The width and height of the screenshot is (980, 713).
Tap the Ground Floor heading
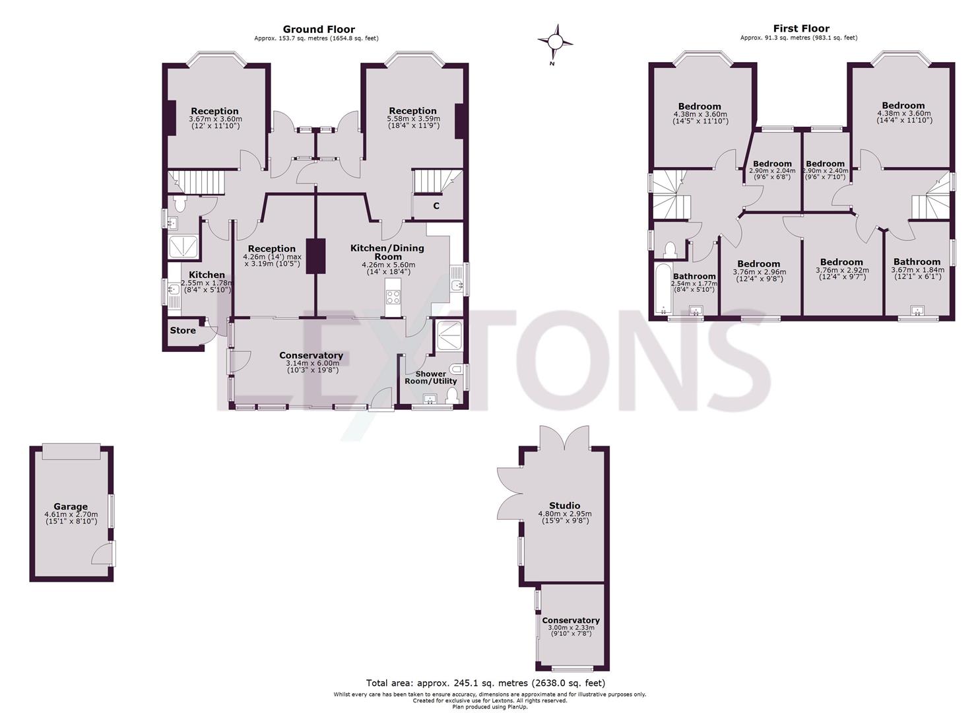click(319, 29)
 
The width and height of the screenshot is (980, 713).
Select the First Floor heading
click(801, 28)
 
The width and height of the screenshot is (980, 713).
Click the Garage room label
click(71, 507)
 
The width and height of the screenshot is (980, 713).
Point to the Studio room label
click(564, 506)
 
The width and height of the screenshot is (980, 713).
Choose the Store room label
click(183, 330)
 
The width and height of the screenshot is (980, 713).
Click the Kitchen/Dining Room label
click(387, 252)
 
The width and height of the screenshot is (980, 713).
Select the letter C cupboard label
click(436, 206)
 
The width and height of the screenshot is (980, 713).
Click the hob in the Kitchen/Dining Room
click(393, 298)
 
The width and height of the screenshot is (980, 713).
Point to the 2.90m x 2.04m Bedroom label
click(772, 164)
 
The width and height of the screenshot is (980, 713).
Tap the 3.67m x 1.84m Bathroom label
click(917, 261)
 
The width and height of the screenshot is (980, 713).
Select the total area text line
click(485, 683)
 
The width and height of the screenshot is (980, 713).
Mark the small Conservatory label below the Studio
click(571, 620)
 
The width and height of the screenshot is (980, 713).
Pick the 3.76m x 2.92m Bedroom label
click(842, 262)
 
